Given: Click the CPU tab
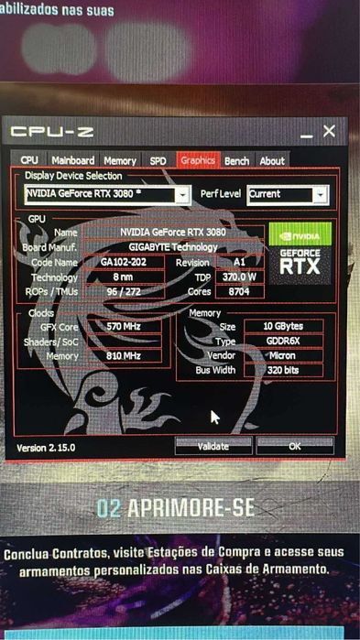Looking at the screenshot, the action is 30,160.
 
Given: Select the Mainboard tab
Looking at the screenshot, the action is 73,160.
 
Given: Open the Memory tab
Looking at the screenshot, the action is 120,160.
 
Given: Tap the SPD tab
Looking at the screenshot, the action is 158,160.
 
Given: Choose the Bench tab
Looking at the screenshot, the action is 236,160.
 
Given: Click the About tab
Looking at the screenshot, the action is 272,160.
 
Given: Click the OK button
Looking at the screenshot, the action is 294,446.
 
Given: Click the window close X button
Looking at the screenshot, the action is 329,132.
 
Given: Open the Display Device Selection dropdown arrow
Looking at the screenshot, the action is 183,195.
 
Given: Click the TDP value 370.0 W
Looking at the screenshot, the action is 239,277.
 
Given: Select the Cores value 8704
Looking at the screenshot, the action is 239,292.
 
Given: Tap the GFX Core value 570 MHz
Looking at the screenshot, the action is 123,326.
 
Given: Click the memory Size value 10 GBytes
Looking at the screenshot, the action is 283,326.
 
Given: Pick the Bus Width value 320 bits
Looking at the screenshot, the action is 283,370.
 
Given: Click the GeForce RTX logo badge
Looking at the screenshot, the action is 300,250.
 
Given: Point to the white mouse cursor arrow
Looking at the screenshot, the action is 215,417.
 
